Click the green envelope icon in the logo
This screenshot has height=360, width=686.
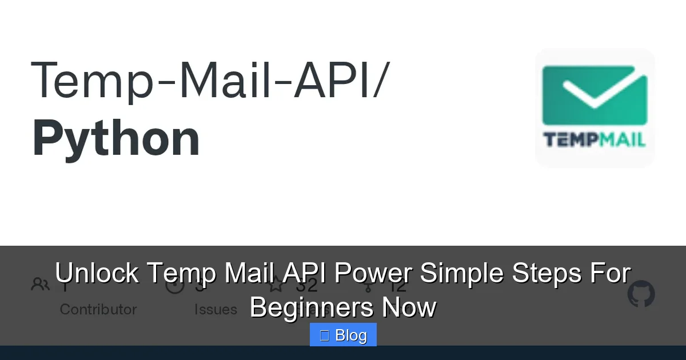click(595, 95)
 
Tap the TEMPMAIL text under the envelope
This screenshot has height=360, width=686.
click(595, 140)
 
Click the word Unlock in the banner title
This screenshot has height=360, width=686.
click(97, 273)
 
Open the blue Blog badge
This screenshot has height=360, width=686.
click(343, 335)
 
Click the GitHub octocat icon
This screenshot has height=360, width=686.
click(641, 294)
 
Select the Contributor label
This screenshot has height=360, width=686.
click(98, 310)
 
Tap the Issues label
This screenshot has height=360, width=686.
click(216, 310)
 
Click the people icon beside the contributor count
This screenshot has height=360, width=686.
click(41, 284)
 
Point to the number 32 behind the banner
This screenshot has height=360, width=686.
click(306, 284)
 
